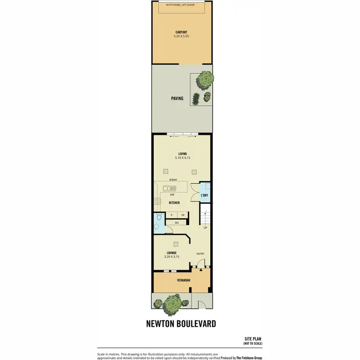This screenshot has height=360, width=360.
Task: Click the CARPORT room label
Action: coord(181,32)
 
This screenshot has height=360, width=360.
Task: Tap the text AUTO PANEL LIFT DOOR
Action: coord(181,4)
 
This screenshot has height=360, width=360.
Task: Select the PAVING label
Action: coord(177,98)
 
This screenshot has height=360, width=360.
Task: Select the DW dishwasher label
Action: coord(171,195)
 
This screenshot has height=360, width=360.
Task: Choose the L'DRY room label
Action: coord(204,195)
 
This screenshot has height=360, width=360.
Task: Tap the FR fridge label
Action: coord(183,215)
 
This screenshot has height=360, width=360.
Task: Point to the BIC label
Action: coord(177,223)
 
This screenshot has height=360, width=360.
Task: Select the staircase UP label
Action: coord(206,227)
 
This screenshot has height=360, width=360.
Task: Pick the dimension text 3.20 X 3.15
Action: coord(171,257)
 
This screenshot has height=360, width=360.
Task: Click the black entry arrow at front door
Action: coord(201,271)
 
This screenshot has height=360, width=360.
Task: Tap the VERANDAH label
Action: coord(171,279)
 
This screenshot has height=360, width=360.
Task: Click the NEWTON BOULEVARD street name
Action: coord(180,324)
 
